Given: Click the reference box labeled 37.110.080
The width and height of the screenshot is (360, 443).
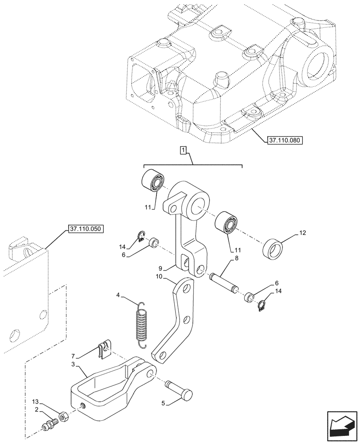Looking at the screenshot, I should click(285, 140).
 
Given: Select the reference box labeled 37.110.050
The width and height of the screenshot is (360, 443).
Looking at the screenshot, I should click(86, 229).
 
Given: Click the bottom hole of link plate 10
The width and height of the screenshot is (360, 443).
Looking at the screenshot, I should click(161, 354).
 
